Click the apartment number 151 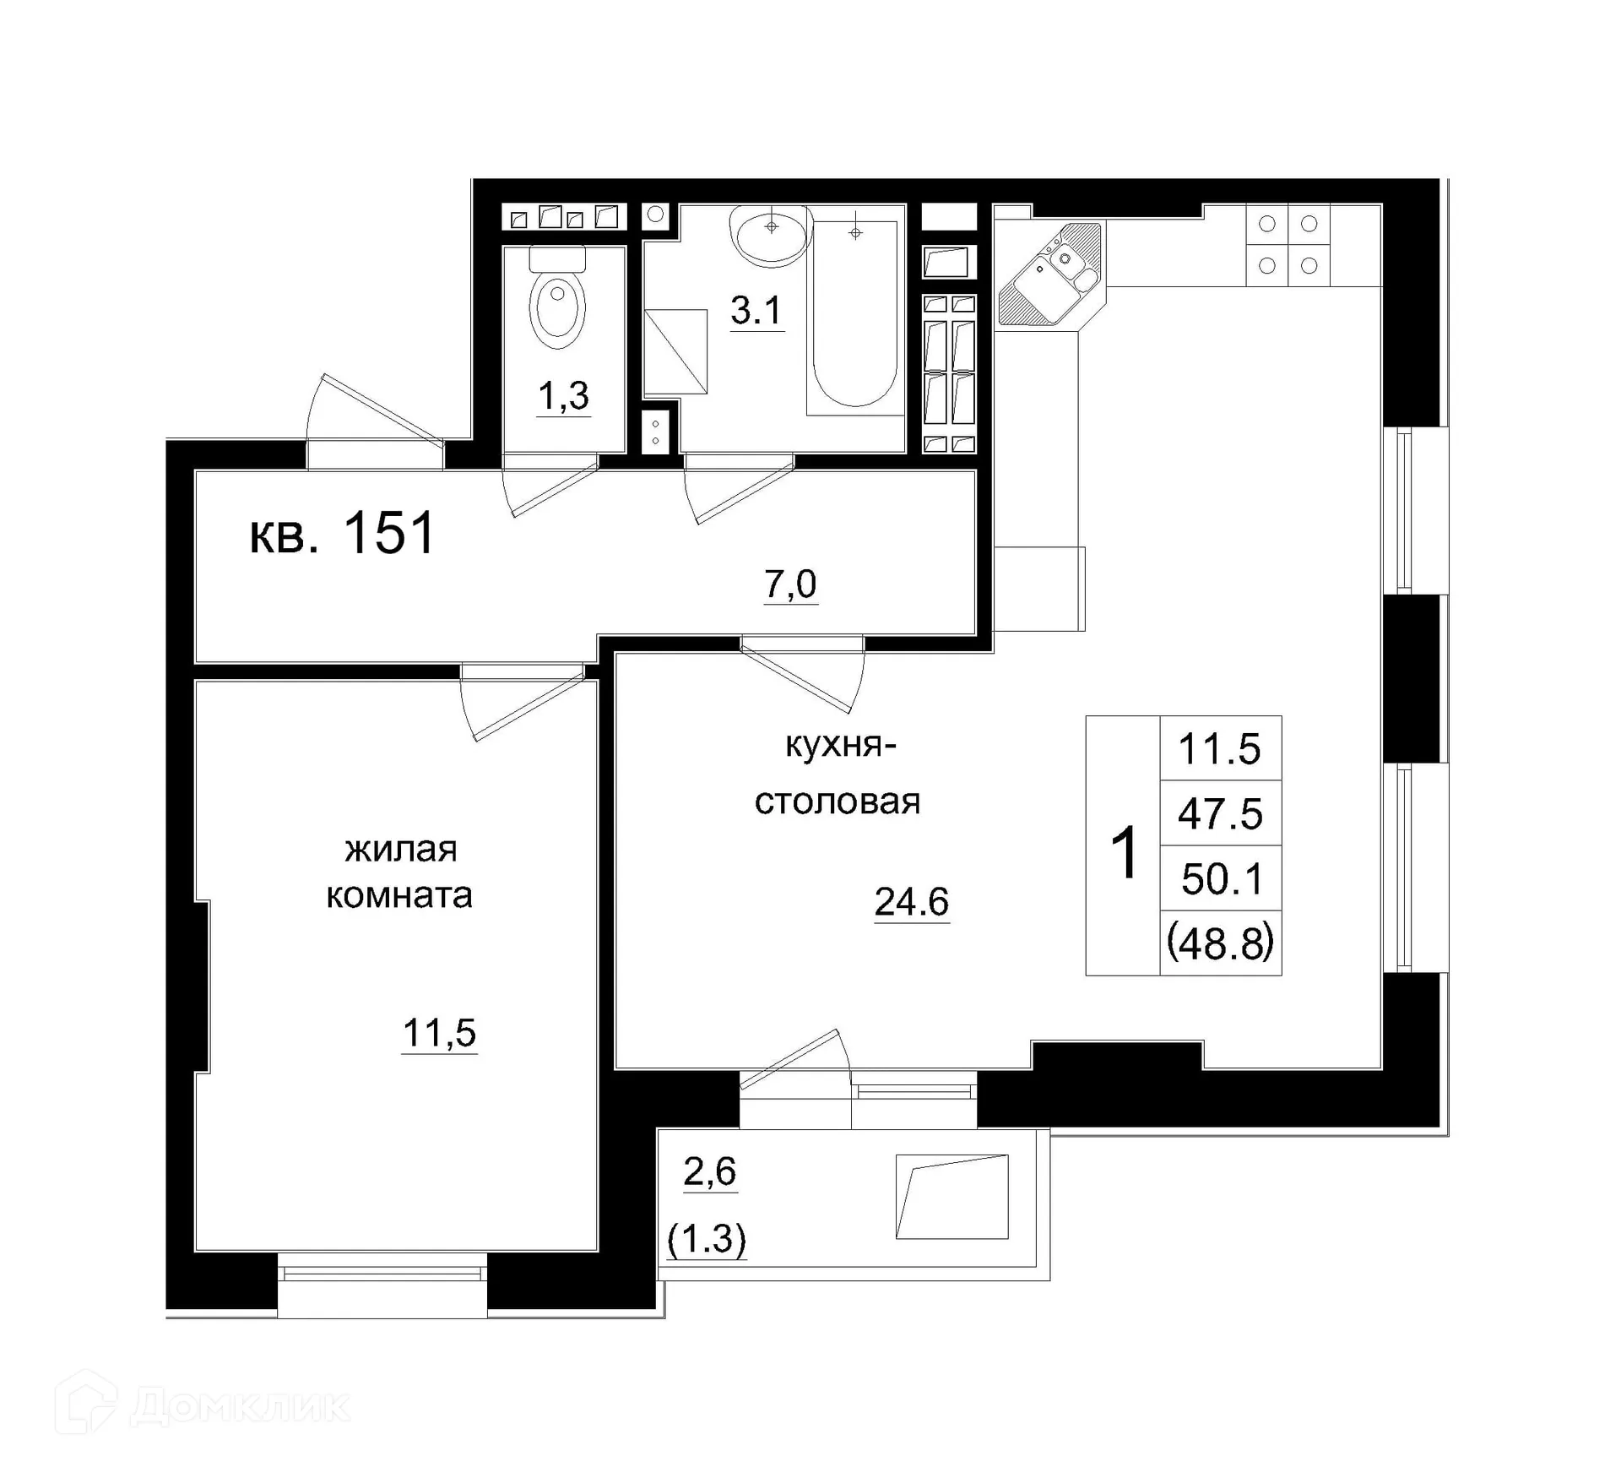[x=389, y=534]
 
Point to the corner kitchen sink [x=1052, y=272]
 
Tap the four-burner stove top [x=1288, y=245]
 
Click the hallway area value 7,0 [x=790, y=584]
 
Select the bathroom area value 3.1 [x=756, y=311]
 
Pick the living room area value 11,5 [x=439, y=1033]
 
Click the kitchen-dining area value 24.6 [x=911, y=902]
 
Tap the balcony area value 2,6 [x=709, y=1172]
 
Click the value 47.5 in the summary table [x=1220, y=814]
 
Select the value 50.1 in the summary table [x=1222, y=879]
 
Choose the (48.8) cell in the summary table [x=1220, y=943]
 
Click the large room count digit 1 [x=1125, y=854]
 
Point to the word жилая [x=401, y=849]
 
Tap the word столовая [x=837, y=801]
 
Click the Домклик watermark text [x=240, y=1406]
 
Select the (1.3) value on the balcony [x=707, y=1240]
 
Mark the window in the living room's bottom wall [x=382, y=1271]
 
